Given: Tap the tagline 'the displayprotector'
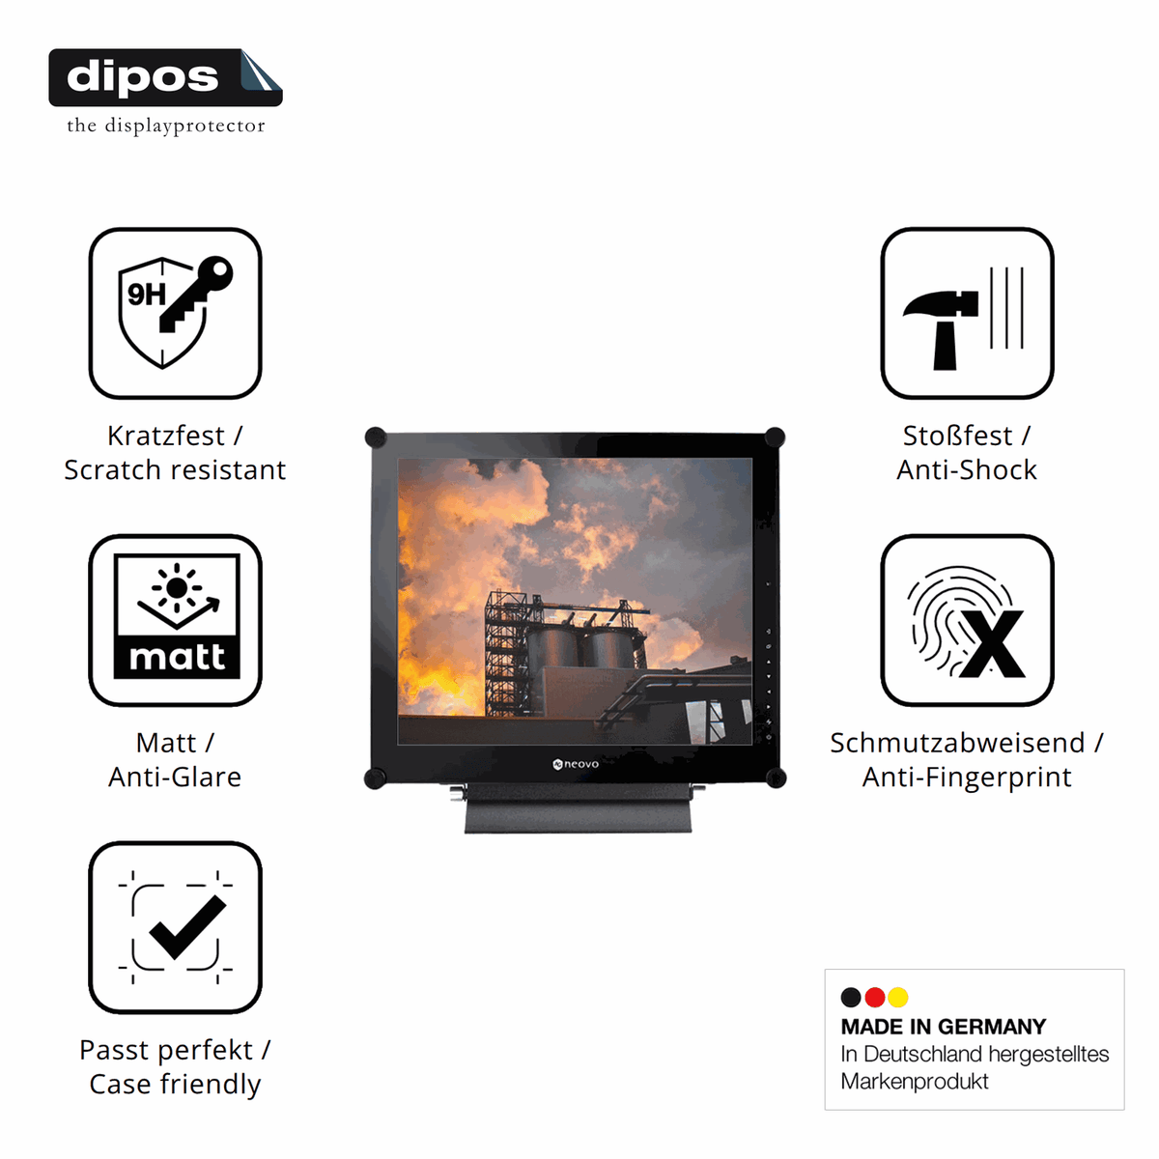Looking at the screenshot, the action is (x=166, y=126).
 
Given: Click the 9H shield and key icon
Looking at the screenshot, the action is (x=175, y=313).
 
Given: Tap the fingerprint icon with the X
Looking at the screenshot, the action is (x=967, y=620).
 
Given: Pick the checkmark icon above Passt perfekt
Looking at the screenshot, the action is (x=175, y=927).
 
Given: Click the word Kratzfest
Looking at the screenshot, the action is (x=166, y=436).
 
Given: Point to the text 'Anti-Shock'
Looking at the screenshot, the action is (x=967, y=470).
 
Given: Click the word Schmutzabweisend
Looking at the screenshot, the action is (x=957, y=744).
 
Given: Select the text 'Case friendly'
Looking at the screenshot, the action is (x=175, y=1086).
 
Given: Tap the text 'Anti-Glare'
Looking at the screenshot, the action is (x=175, y=777).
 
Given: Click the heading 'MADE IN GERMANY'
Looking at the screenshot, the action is (x=943, y=1027).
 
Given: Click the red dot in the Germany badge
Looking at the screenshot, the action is (x=874, y=997).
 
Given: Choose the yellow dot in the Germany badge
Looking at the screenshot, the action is (x=898, y=997).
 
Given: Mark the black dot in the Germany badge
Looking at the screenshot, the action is (x=851, y=997).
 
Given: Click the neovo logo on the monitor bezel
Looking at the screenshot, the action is (x=576, y=764).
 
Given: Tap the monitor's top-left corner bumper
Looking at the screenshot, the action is (x=376, y=438).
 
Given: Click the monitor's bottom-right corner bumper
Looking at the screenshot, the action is (x=776, y=777).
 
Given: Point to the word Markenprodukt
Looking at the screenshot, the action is (x=915, y=1082).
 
